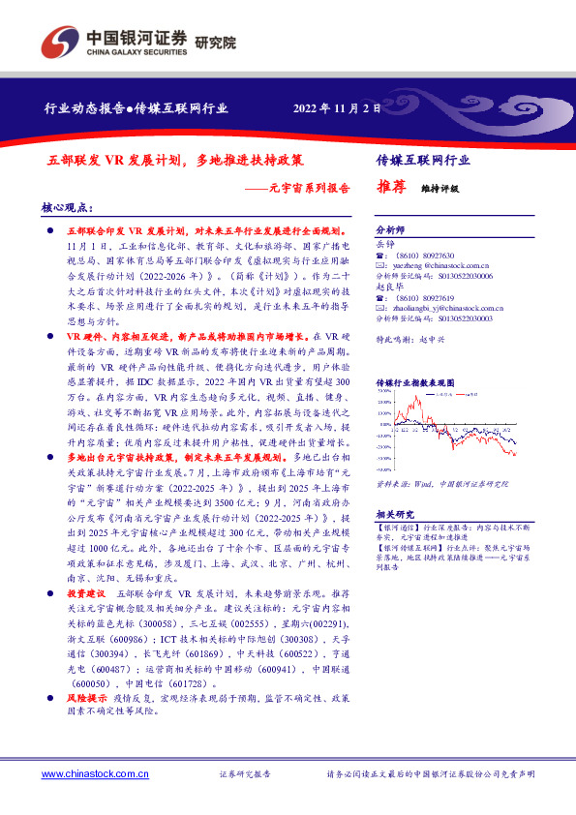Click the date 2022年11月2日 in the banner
point(338,107)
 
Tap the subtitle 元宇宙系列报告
point(309,187)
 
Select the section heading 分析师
point(390,231)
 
